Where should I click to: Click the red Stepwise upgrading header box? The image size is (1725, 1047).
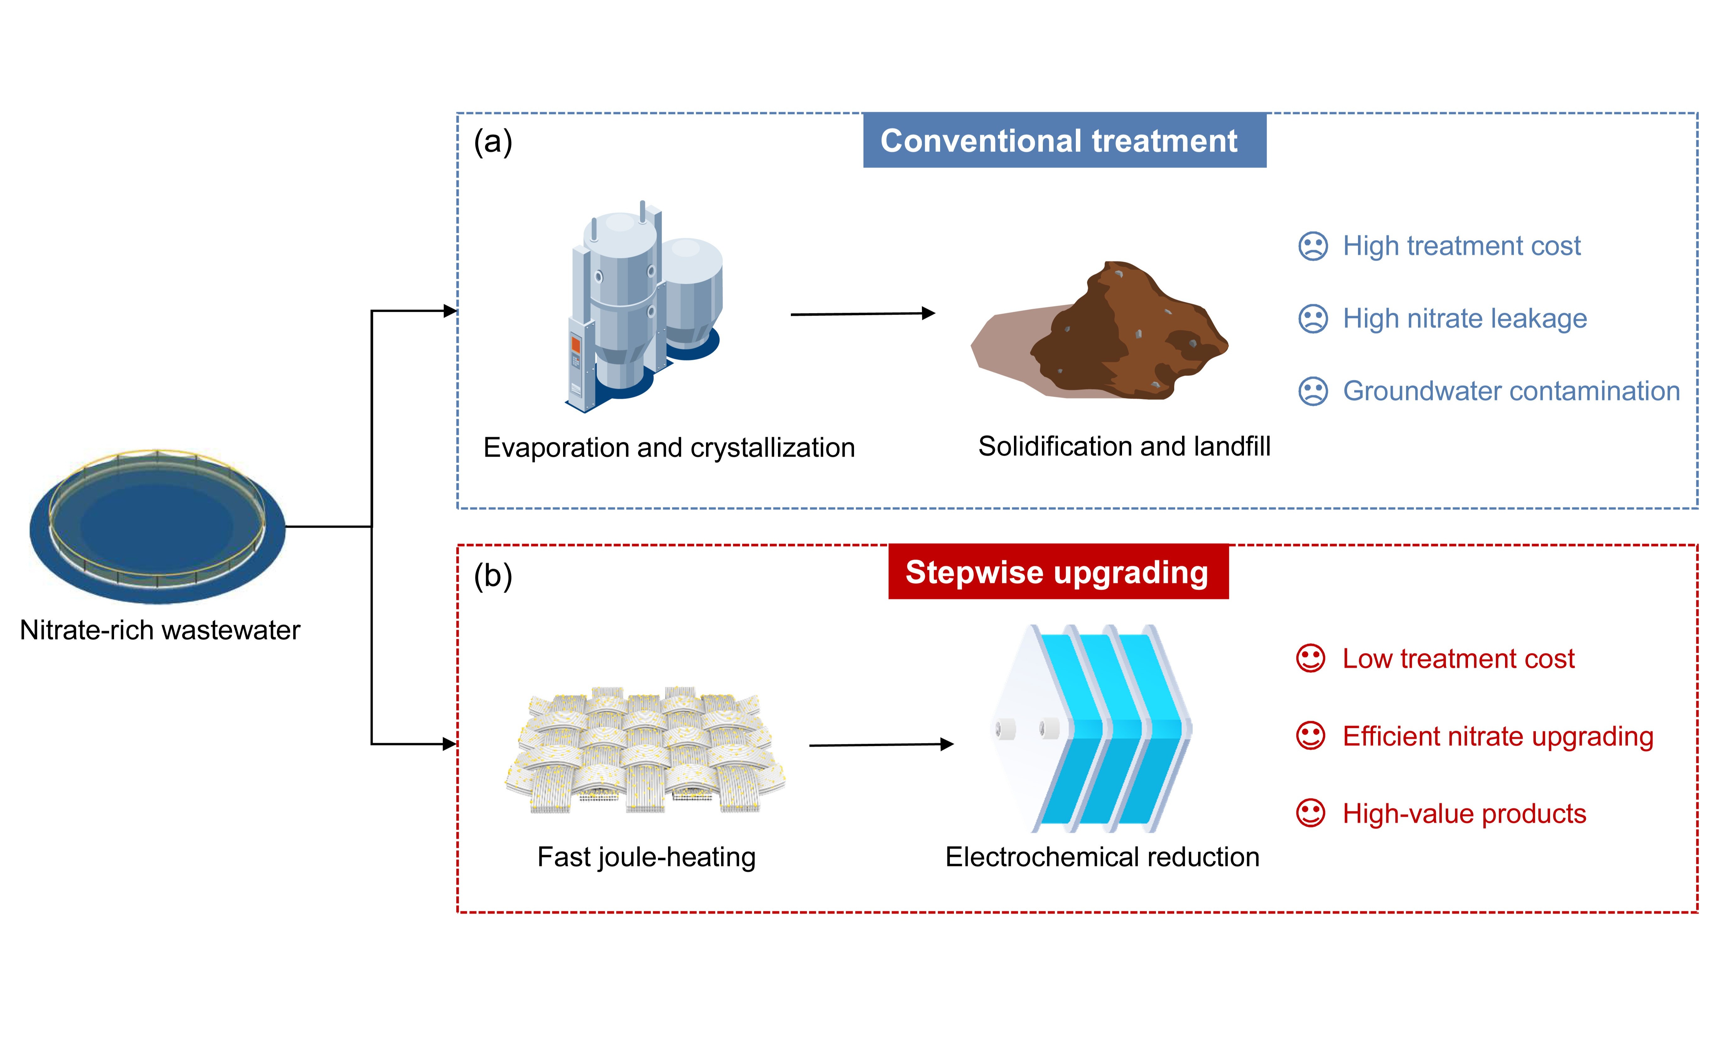1059,571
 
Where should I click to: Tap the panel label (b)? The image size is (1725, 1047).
493,576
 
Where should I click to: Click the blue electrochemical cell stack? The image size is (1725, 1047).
1092,728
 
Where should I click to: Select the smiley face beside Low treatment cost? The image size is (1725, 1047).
1311,658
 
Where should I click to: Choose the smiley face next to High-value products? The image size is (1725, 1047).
1311,813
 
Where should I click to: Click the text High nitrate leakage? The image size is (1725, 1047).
1465,319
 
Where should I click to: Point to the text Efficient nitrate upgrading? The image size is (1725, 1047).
1498,737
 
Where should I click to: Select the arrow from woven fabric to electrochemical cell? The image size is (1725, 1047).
881,744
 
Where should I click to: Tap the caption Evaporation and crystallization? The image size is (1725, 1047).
669,448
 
